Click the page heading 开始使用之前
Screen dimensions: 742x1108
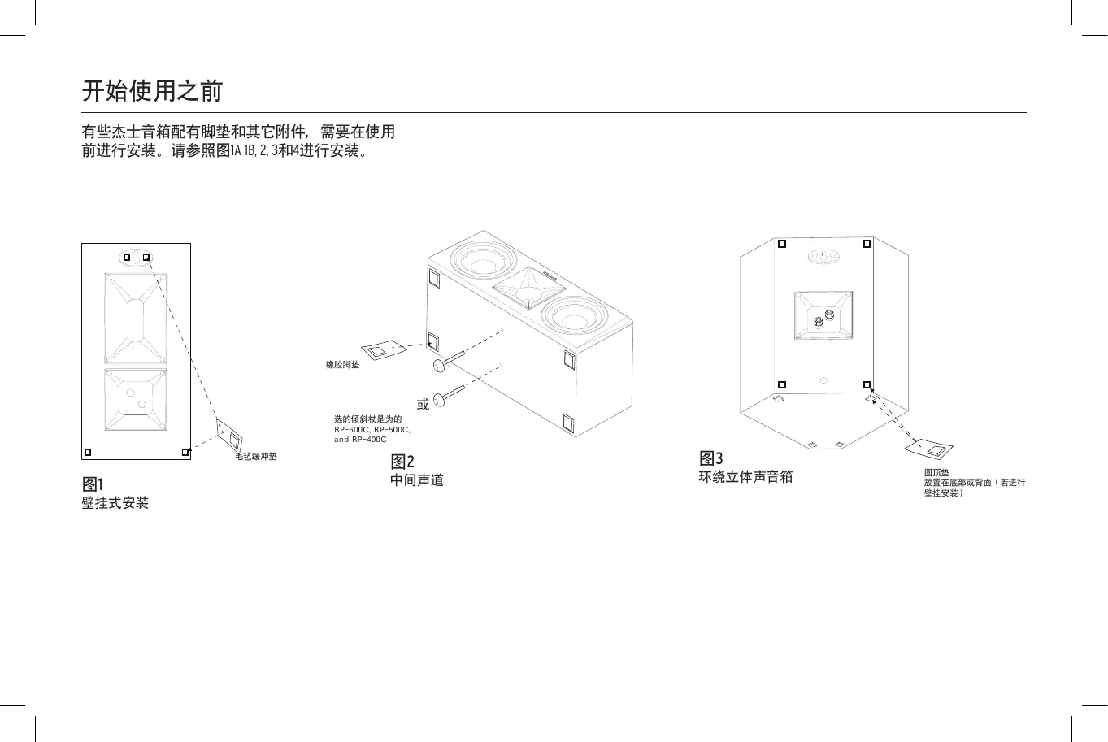coord(152,90)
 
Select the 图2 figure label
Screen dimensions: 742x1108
coord(402,462)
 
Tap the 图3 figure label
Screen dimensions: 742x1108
coord(711,458)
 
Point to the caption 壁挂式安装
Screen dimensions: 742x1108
coord(115,503)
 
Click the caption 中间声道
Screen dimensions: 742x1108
coord(417,480)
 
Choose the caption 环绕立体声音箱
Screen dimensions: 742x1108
coord(745,477)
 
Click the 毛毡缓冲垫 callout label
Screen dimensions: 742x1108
coord(256,457)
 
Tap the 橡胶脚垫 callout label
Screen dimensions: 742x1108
coord(342,365)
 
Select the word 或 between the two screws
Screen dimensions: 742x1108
coord(423,405)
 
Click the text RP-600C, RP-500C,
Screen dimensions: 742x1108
coord(372,429)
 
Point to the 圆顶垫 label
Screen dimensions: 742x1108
coord(936,472)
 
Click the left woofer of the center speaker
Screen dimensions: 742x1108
coord(484,262)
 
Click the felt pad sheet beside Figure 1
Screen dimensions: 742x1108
coord(230,437)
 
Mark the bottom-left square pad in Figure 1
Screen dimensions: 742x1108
coord(88,453)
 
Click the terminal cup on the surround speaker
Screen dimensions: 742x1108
coord(823,315)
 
